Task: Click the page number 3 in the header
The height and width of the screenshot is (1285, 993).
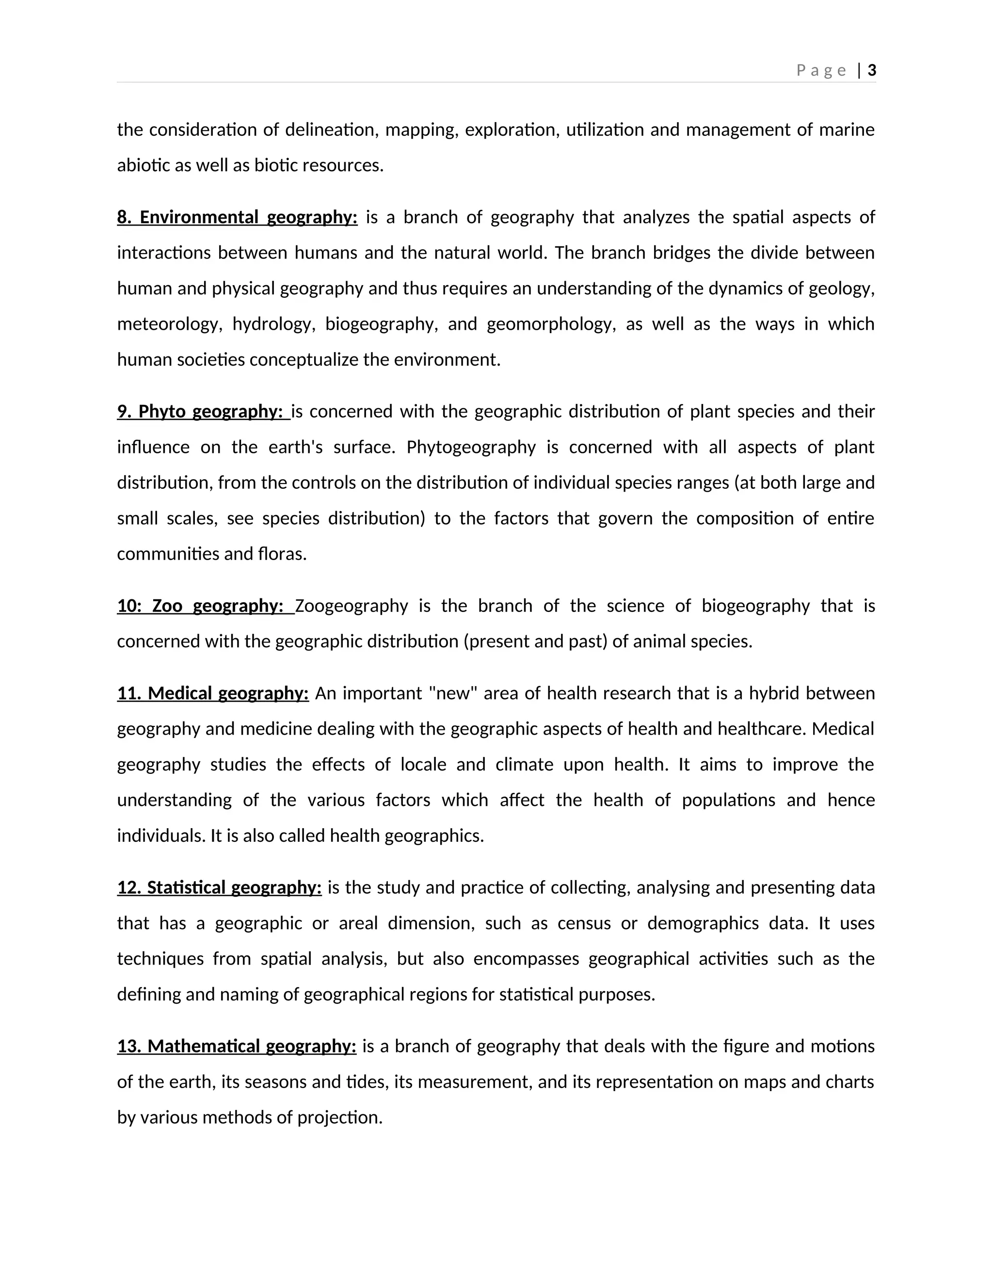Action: [872, 71]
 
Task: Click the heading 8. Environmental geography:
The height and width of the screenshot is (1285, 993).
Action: [237, 217]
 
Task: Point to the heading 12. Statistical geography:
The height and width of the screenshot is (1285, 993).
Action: [220, 887]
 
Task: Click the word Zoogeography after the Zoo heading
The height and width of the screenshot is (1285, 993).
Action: [351, 606]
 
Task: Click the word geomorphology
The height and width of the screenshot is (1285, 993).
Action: [551, 324]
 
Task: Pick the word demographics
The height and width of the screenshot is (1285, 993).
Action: [703, 923]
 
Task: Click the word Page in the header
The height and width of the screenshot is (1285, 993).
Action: [821, 71]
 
